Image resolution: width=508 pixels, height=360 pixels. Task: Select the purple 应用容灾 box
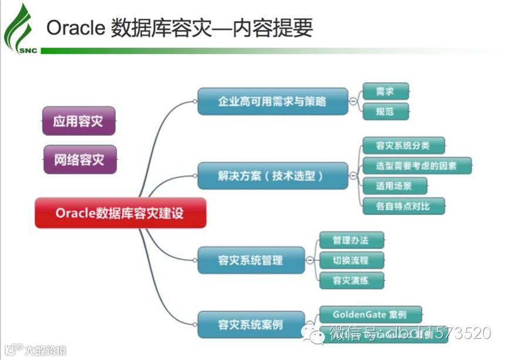click(x=79, y=122)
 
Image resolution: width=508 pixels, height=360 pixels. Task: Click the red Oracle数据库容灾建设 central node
click(x=120, y=213)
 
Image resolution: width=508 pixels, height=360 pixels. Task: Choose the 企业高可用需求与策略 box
click(x=272, y=101)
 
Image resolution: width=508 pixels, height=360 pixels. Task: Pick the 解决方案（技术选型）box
click(x=272, y=176)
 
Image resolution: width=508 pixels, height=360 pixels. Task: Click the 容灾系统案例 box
click(x=251, y=324)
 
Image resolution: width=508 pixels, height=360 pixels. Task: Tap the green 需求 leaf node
click(x=385, y=92)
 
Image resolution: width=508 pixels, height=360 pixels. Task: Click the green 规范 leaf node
click(x=385, y=111)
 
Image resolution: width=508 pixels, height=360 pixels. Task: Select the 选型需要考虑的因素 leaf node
click(x=417, y=166)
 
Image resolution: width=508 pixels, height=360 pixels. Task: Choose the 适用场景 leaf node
click(x=394, y=186)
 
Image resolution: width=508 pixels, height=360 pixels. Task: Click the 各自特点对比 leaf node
click(x=403, y=206)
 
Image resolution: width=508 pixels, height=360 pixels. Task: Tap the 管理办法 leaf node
click(x=351, y=240)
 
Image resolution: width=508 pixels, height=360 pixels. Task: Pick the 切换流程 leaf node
click(x=351, y=260)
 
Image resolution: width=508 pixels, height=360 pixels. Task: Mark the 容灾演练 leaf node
click(x=351, y=280)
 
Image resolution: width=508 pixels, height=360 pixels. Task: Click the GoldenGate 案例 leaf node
click(x=369, y=314)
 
